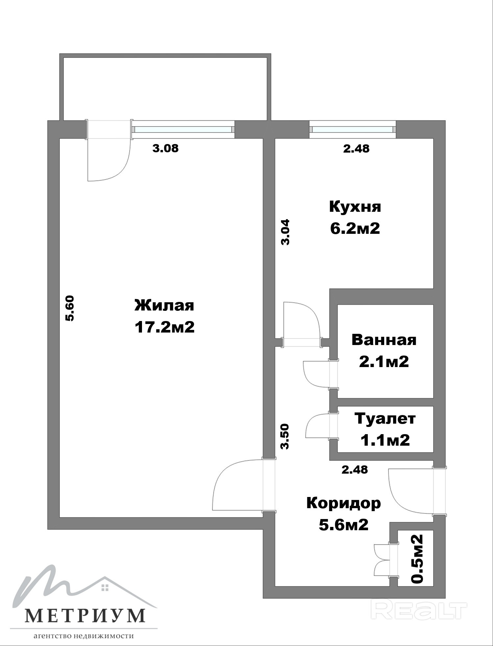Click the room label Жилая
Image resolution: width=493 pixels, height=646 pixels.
click(164, 306)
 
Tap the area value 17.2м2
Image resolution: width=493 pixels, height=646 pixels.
click(164, 327)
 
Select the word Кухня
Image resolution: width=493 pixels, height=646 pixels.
click(355, 207)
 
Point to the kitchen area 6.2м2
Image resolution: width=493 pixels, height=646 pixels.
click(355, 228)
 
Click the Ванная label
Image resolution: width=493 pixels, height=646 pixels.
click(384, 340)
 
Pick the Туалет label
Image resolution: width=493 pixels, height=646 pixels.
click(385, 419)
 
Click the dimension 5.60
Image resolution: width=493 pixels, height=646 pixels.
click(70, 308)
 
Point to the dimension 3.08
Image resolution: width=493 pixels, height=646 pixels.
click(165, 148)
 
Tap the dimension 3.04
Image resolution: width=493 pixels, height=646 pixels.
click(285, 232)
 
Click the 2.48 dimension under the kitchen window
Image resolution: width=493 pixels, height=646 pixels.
click(356, 149)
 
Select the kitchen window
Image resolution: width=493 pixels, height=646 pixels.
click(352, 130)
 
